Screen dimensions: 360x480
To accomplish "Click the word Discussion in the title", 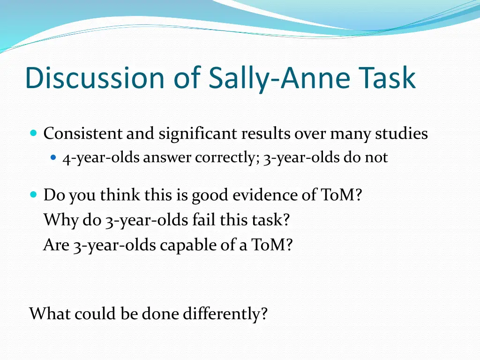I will click(x=94, y=78).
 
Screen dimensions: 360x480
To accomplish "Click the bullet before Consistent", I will click(x=33, y=134).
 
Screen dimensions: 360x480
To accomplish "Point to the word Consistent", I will click(x=83, y=134).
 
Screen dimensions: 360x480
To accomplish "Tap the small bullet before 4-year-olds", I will click(x=53, y=158).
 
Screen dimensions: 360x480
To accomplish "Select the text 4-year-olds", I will click(x=101, y=158).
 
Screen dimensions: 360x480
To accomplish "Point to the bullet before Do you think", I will click(x=33, y=194).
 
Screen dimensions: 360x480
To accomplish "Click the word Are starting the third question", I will click(x=56, y=245).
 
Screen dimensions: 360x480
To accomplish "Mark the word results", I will click(x=266, y=134).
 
